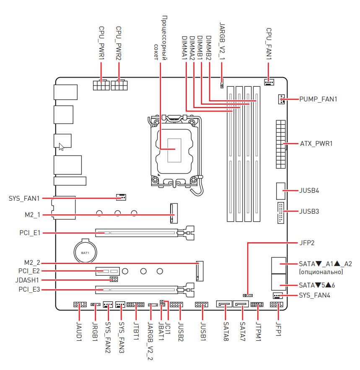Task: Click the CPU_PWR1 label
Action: tap(101, 43)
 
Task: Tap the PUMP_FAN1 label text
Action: tap(318, 99)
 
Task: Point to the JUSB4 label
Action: tap(309, 190)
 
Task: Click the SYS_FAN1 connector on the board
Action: tap(121, 197)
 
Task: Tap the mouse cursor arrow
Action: tap(61, 147)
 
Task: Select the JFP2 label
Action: tap(307, 243)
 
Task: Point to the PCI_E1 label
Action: tap(29, 232)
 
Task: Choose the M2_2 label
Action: tap(32, 263)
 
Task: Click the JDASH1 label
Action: tap(28, 279)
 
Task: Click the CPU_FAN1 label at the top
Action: tap(269, 43)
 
